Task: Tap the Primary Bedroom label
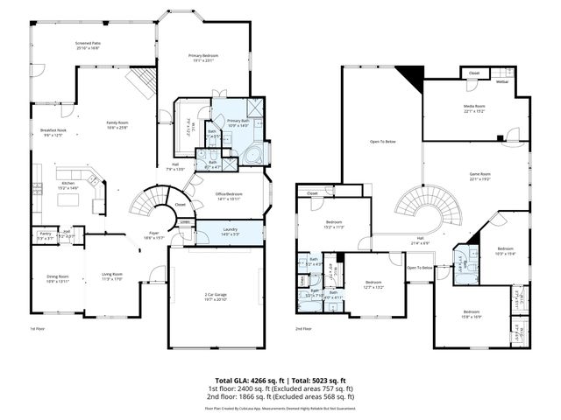[x=203, y=56]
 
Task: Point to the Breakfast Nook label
[x=53, y=130]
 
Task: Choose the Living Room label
[x=110, y=276]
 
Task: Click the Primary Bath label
[x=238, y=121]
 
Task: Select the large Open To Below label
[x=382, y=141]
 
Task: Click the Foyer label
[x=153, y=234]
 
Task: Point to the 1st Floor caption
[x=38, y=328]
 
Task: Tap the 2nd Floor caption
[x=304, y=328]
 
